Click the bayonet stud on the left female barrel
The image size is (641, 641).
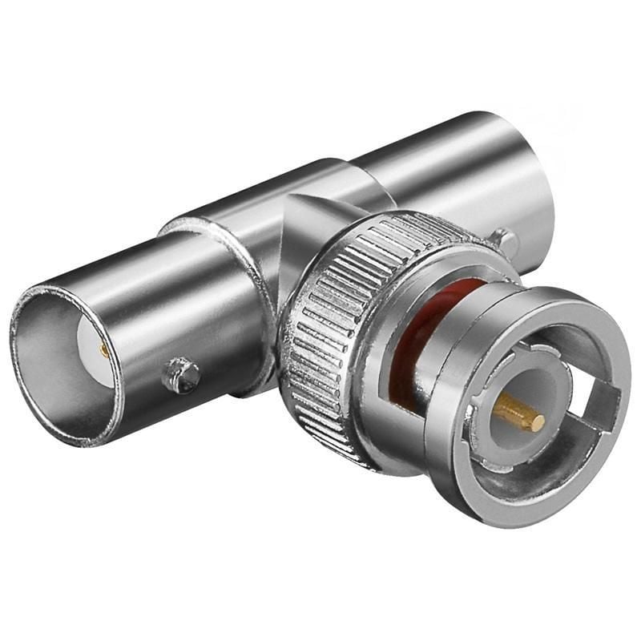click(x=181, y=374)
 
